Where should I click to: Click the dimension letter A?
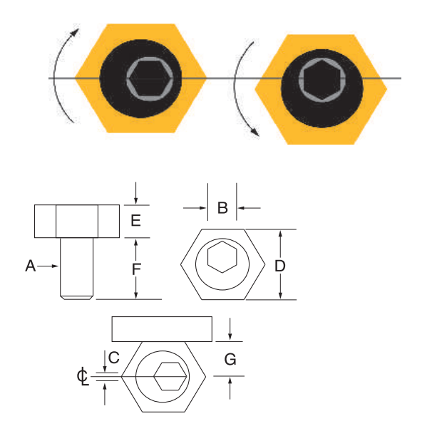[x=30, y=266]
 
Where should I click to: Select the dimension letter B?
[x=222, y=208]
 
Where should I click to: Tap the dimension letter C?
[x=113, y=356]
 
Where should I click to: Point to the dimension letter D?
[x=280, y=265]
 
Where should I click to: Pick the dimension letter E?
[x=136, y=221]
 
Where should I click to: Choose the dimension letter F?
[x=136, y=269]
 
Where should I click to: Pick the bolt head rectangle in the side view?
[x=77, y=221]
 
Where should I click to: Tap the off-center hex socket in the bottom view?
[x=171, y=375]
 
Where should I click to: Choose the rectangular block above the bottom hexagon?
[x=162, y=328]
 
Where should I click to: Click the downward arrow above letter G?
[x=230, y=329]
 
